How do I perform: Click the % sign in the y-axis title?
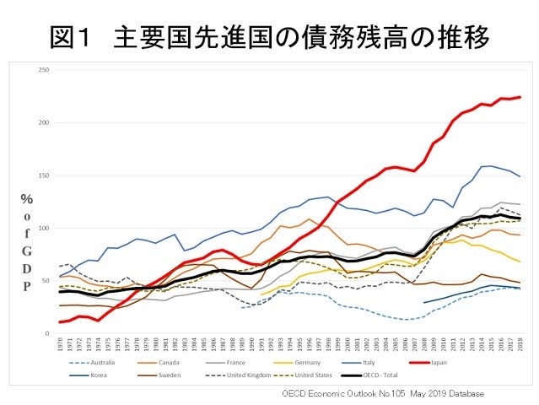coord(28,200)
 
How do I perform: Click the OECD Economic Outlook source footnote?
coord(383,393)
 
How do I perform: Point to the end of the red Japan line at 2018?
coord(520,97)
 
